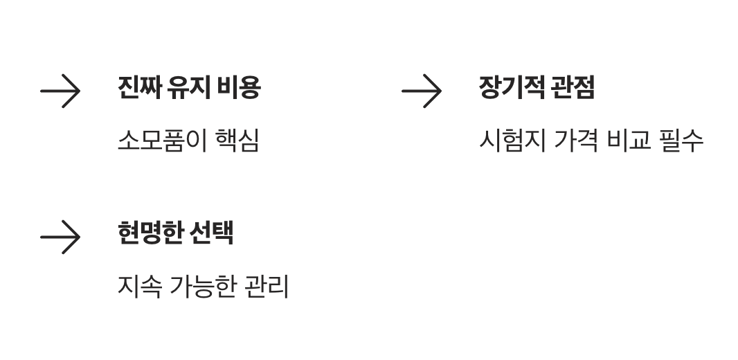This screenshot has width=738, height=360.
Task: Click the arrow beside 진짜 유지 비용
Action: (60, 91)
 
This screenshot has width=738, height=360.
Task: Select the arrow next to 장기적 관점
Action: (422, 91)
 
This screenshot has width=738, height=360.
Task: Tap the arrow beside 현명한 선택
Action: (60, 237)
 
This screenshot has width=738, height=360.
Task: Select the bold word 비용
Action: (239, 87)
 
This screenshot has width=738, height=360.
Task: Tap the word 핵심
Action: (237, 141)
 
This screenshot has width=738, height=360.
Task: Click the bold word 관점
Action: (573, 87)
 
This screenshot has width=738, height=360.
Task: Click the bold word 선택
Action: (211, 233)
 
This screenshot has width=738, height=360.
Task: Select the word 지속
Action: (139, 286)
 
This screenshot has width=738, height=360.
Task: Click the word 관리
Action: (267, 286)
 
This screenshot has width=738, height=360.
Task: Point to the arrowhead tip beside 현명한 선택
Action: (80, 237)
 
